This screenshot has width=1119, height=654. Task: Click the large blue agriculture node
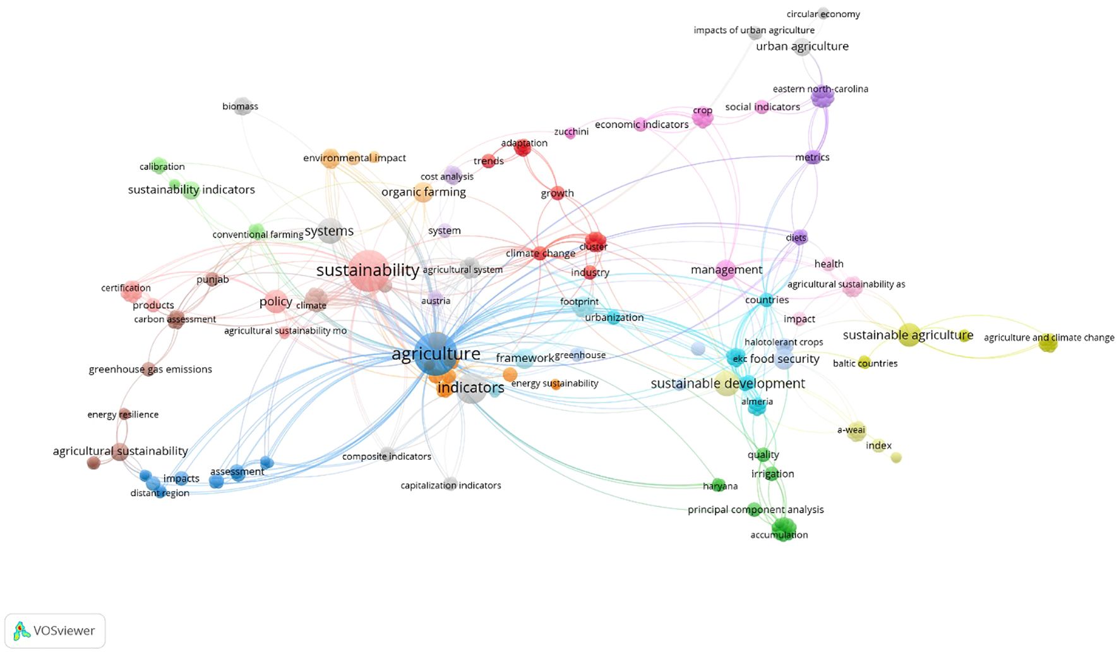click(x=436, y=354)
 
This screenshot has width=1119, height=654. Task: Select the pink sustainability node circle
click(x=368, y=270)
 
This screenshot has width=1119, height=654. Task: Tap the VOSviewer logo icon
click(x=21, y=631)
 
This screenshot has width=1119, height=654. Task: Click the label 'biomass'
click(x=240, y=106)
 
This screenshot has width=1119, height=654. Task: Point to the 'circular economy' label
click(x=823, y=14)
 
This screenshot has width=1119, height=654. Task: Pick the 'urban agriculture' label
click(x=802, y=46)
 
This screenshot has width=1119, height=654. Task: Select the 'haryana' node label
click(x=720, y=486)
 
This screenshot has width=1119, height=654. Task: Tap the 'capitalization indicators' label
click(x=450, y=485)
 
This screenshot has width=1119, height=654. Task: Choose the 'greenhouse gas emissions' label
click(x=150, y=369)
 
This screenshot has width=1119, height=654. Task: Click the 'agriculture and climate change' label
click(x=1048, y=337)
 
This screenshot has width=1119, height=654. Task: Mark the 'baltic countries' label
click(x=865, y=363)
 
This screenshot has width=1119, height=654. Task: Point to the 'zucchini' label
click(x=571, y=131)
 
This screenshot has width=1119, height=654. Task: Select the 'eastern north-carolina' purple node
click(x=822, y=97)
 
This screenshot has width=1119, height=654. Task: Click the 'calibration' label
click(x=162, y=167)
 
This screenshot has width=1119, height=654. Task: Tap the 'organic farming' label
click(x=423, y=192)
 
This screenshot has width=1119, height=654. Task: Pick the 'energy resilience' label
click(x=123, y=415)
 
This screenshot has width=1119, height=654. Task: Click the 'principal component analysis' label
click(x=755, y=509)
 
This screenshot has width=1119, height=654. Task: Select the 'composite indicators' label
click(x=386, y=456)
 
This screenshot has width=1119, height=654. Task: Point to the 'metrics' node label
click(x=812, y=157)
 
